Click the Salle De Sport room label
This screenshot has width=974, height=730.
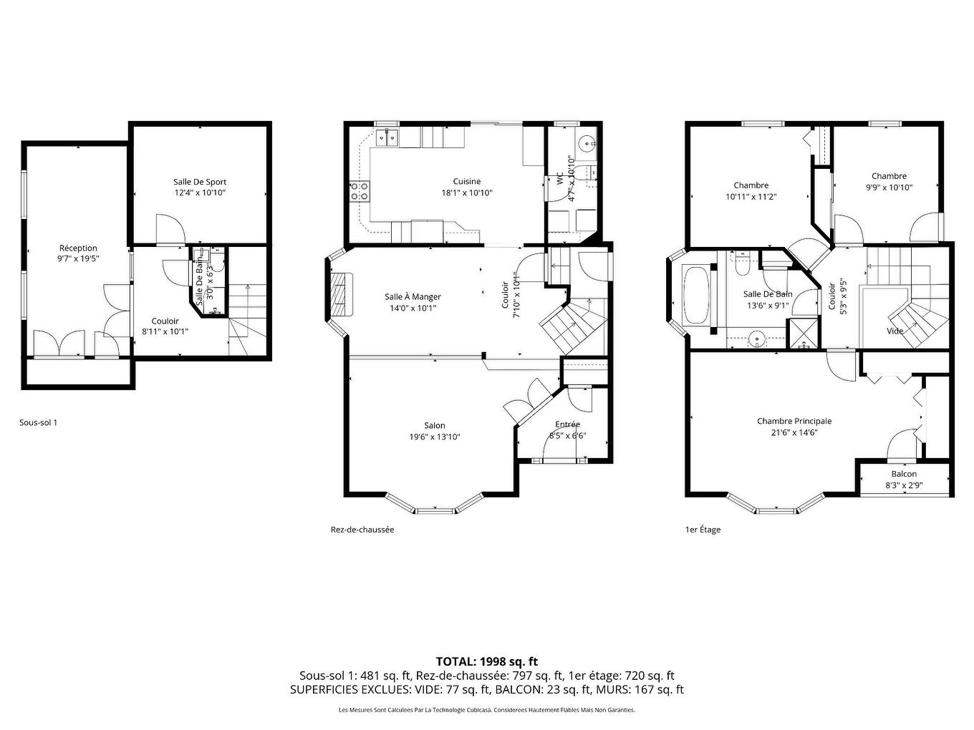(x=199, y=182)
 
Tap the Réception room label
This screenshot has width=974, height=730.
(x=78, y=248)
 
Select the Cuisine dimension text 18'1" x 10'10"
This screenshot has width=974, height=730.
(x=466, y=193)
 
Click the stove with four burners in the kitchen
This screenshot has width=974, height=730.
(x=360, y=191)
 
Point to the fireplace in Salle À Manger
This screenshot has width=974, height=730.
(x=342, y=294)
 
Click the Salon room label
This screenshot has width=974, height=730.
(x=434, y=426)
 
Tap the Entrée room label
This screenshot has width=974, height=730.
(x=567, y=424)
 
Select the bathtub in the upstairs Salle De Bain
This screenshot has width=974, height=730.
(x=695, y=295)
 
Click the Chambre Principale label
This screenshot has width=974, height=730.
(x=794, y=421)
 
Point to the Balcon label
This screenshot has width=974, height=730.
(x=904, y=474)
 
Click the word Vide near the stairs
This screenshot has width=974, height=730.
(x=895, y=331)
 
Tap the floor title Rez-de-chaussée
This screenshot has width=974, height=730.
(x=362, y=530)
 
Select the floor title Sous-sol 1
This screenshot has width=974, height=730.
(x=38, y=422)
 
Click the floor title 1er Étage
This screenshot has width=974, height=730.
(x=703, y=530)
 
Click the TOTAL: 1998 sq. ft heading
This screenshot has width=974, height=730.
(x=486, y=661)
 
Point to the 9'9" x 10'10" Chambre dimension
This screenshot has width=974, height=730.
(x=889, y=188)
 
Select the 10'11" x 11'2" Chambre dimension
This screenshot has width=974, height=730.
(x=751, y=196)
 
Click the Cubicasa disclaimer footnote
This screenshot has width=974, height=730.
(x=486, y=710)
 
